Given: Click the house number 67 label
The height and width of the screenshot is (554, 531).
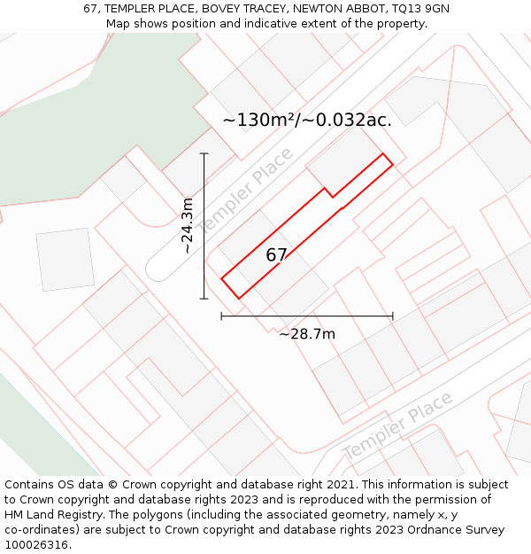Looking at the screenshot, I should [276, 255].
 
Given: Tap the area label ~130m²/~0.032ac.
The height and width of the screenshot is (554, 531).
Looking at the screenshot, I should [307, 120].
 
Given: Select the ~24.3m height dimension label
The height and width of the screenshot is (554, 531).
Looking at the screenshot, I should [188, 226].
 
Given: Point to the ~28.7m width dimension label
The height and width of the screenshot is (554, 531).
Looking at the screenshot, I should [307, 334].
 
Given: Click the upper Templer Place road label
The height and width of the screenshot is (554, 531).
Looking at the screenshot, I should [245, 192].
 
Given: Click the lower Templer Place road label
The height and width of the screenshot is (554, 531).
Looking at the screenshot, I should [397, 426].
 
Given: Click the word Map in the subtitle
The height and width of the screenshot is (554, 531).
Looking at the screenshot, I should [119, 24].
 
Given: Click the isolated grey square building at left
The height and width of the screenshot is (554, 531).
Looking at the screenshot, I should [65, 259].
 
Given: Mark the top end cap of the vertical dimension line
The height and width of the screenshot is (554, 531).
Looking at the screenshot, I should [204, 153].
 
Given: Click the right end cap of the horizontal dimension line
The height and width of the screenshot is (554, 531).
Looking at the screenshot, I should [393, 316].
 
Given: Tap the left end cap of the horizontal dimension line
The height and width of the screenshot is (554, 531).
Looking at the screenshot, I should [221, 316].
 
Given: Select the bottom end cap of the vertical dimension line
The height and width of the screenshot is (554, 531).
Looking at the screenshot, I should [204, 299].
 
